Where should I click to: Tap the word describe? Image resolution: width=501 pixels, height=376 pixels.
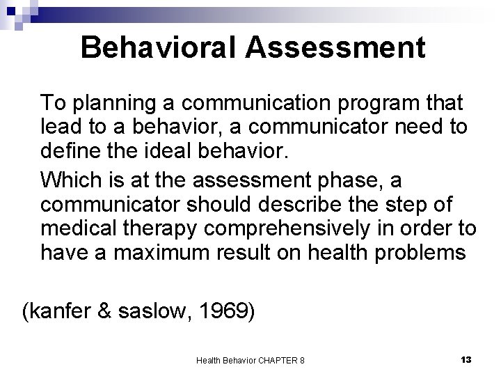click(x=306, y=207)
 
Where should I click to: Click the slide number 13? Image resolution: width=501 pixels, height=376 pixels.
click(x=466, y=359)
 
